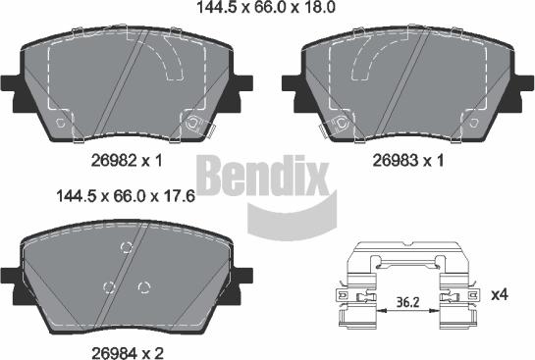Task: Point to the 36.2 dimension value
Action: (400, 304)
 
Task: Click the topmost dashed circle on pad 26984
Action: (125, 246)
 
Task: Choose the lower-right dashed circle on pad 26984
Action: (144, 286)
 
